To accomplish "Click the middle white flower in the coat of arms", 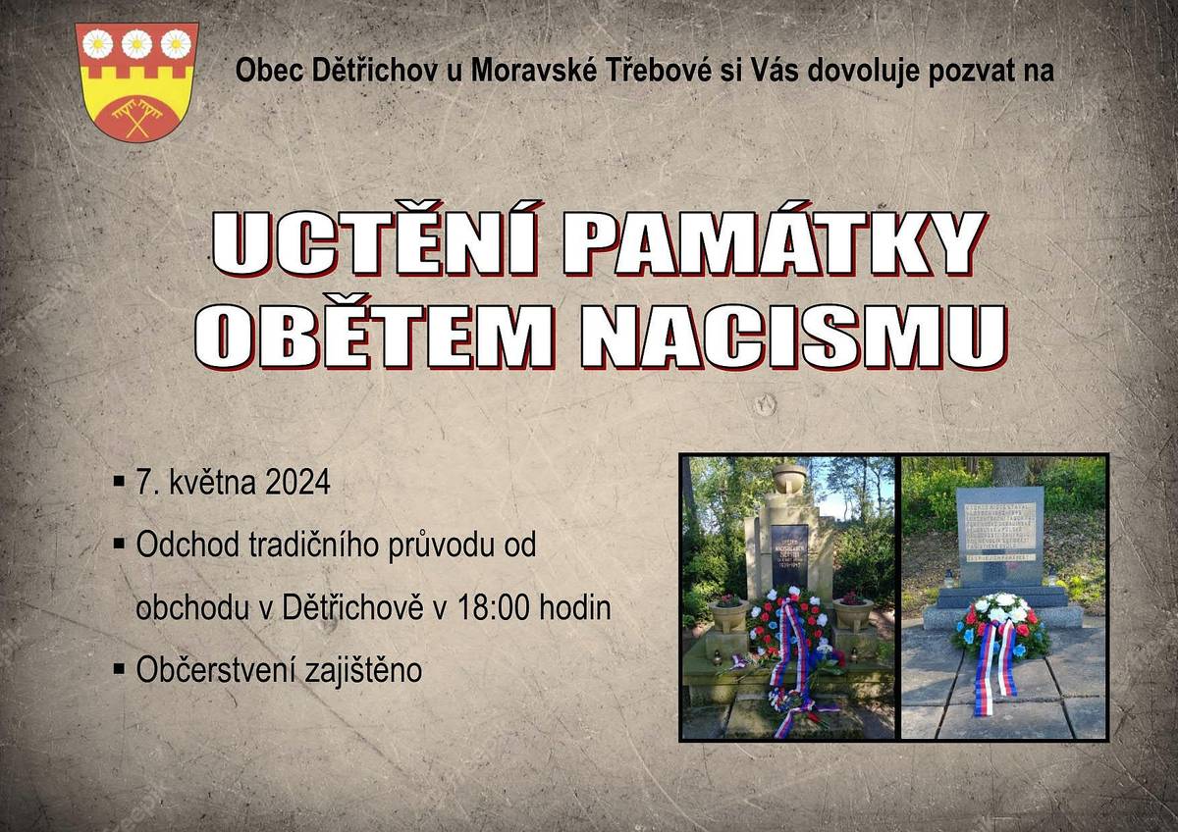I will coord(136,43).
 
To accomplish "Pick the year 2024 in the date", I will coord(296,484).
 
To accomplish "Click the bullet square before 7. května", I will coord(119,483).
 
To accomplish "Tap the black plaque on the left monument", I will coord(789,554).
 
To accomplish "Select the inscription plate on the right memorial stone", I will coord(999,536).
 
